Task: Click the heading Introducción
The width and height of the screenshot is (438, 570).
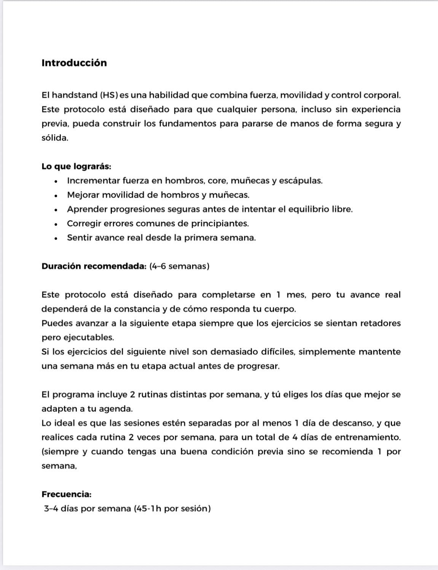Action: tap(74, 63)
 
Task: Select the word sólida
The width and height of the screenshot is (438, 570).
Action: tap(55, 138)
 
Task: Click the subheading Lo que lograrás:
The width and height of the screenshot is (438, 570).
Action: tap(76, 166)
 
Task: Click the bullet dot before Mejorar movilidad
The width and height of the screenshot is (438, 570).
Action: tap(56, 196)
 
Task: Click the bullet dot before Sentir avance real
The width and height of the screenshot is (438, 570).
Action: tap(56, 238)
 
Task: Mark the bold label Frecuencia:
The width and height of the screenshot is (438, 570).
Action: tap(67, 494)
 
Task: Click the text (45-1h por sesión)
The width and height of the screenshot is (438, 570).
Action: tap(172, 509)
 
